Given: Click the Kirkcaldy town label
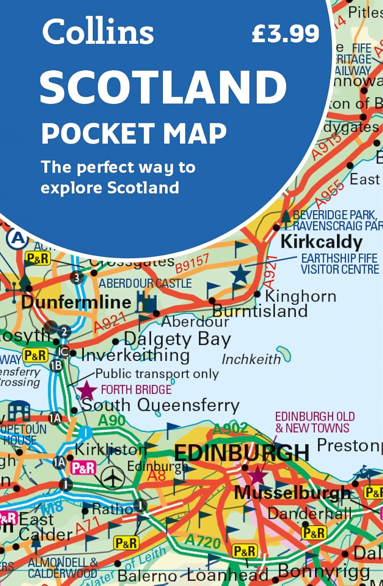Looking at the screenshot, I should [x=321, y=241].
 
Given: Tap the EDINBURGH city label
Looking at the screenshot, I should [x=242, y=453].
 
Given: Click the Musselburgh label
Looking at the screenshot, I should [x=292, y=493].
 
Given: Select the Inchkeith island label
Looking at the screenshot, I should [x=251, y=359].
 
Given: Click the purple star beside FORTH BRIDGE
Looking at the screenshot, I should [x=86, y=390].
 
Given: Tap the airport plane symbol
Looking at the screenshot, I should [x=113, y=477].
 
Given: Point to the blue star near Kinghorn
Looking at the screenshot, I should [x=240, y=274].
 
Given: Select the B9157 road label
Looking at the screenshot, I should [x=192, y=263].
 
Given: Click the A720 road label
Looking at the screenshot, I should [x=202, y=541].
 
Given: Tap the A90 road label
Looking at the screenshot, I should [x=111, y=420].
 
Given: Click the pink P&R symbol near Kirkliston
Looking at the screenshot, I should [x=83, y=468].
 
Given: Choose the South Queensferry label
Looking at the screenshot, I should [x=160, y=405].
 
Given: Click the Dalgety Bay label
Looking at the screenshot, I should [x=177, y=339].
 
